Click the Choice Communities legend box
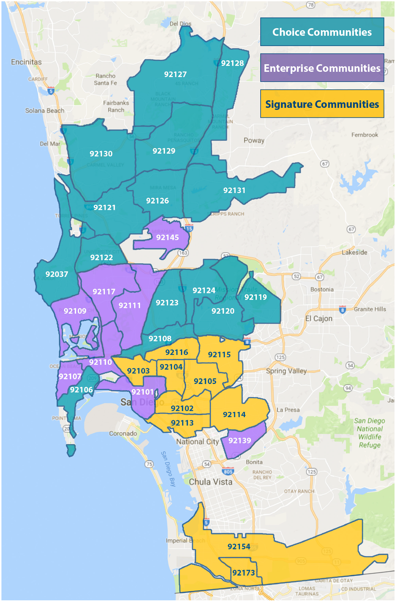[x=322, y=32]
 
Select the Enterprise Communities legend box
[x=322, y=68]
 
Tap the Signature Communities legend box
[x=322, y=104]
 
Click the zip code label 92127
[x=175, y=74]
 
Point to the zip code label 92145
[x=167, y=237]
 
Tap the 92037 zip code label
[x=57, y=274]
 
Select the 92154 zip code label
[x=239, y=547]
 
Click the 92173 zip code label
[x=243, y=573]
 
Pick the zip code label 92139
[x=239, y=441]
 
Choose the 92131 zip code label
[x=234, y=190]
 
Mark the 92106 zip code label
[x=81, y=390]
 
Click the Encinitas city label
[x=26, y=62]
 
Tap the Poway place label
[x=254, y=140]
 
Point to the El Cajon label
[x=319, y=319]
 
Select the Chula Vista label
[x=211, y=482]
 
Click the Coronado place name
[x=123, y=433]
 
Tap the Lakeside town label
[x=354, y=252]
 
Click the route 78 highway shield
[x=311, y=5]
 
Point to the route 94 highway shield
[x=348, y=388]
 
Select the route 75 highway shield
[x=149, y=464]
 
